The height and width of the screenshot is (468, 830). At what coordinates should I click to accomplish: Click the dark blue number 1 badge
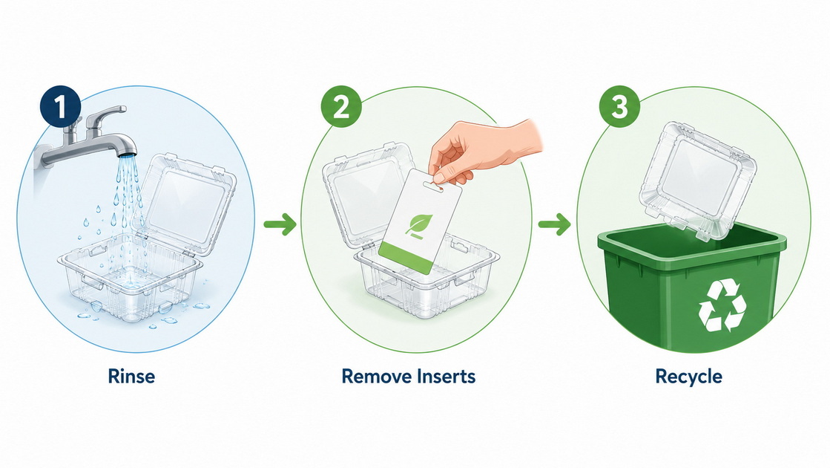pos(60,106)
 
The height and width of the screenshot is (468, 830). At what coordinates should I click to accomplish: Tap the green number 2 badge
pos(341,106)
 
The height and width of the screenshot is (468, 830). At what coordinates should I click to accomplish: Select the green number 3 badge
pos(619,106)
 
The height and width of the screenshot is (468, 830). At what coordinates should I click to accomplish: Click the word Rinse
pos(131,377)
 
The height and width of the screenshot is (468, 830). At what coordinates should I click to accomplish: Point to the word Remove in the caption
pos(376,377)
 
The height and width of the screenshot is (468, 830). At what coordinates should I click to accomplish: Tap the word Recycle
pos(688,377)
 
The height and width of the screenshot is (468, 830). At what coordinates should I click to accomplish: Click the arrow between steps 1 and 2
pos(280,224)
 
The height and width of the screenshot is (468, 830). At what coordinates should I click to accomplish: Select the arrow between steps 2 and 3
pos(555,224)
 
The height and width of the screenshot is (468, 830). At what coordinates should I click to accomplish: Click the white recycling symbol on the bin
pos(722,305)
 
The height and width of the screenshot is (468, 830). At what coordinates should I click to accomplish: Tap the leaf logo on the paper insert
pos(419,225)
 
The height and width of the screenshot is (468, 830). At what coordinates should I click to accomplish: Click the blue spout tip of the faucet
pos(128,155)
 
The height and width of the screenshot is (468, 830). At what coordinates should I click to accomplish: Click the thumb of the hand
pos(450,171)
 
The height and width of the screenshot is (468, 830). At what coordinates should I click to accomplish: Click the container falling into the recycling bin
pos(696,181)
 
